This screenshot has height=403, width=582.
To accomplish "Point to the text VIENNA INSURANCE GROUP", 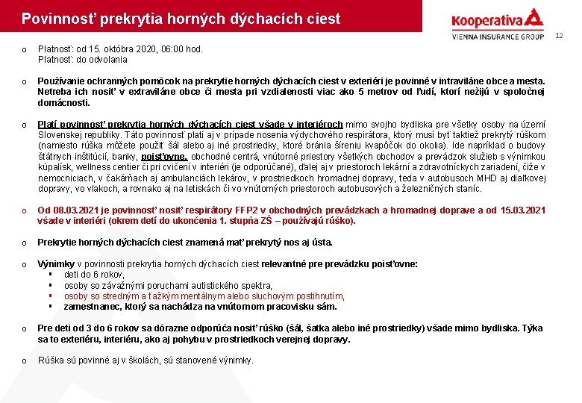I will tap(498, 36).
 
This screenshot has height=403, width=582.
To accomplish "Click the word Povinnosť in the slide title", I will tap(54, 18).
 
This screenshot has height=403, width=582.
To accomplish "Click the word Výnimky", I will tap(56, 263).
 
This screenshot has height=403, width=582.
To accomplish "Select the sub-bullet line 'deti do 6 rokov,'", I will tap(94, 275).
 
